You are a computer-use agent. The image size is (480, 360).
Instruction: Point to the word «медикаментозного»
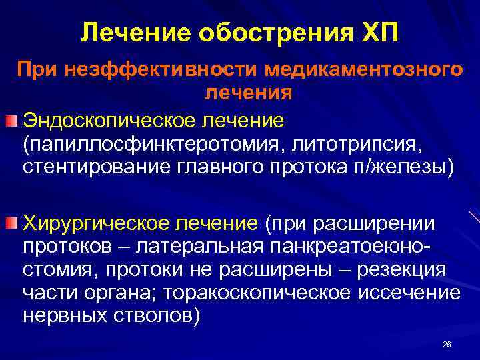pyautogui.click(x=363, y=68)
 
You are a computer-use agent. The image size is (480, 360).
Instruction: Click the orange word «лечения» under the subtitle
pyautogui.click(x=248, y=92)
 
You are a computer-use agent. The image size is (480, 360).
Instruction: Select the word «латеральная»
pyautogui.click(x=198, y=247)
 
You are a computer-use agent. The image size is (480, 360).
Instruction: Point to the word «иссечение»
pyautogui.click(x=412, y=293)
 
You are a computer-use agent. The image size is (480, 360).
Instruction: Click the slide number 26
pyautogui.click(x=447, y=344)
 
